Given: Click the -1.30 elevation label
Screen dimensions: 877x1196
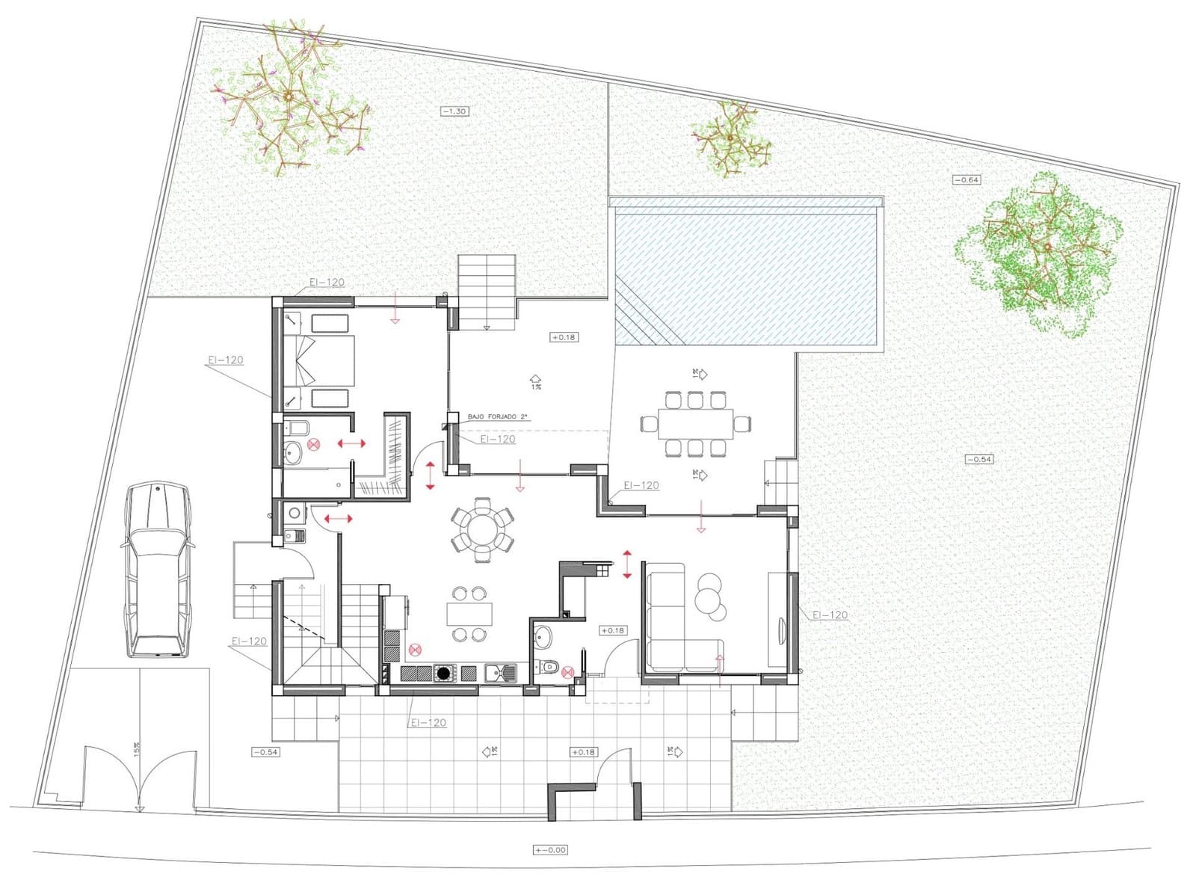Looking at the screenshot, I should (454, 111).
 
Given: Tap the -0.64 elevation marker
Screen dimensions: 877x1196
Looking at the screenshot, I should (967, 179).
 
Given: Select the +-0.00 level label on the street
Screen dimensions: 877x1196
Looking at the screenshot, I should (551, 849).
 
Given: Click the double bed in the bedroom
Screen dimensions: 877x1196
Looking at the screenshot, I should (318, 360).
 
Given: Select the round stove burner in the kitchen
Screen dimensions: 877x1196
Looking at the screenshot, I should (444, 674).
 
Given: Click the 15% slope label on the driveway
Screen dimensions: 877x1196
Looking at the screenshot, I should (137, 749).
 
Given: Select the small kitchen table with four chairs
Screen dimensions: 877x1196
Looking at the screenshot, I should (469, 614).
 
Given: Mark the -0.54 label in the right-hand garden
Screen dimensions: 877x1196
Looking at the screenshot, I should (978, 459).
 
